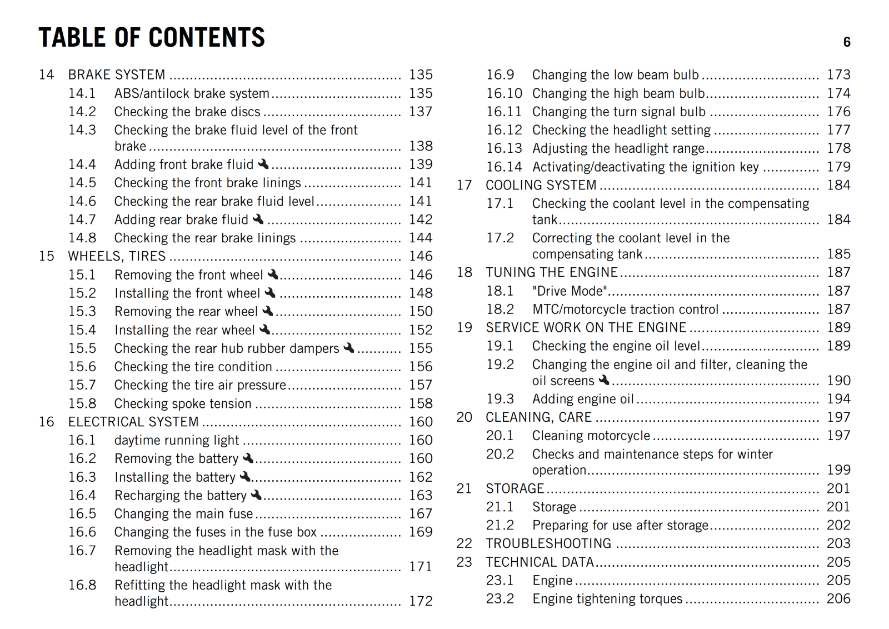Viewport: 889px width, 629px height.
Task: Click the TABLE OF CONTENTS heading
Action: pyautogui.click(x=152, y=38)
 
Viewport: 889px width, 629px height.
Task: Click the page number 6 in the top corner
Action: pyautogui.click(x=846, y=42)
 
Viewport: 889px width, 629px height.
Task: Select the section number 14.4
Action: pyautogui.click(x=82, y=164)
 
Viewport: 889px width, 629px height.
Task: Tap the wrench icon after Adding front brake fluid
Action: pyautogui.click(x=263, y=164)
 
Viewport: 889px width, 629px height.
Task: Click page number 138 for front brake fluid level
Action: pyautogui.click(x=421, y=146)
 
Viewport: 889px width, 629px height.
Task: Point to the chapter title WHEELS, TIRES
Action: pyautogui.click(x=117, y=256)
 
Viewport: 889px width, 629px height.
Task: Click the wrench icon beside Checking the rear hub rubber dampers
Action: pyautogui.click(x=349, y=348)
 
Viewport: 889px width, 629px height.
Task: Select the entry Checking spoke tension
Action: pyautogui.click(x=183, y=403)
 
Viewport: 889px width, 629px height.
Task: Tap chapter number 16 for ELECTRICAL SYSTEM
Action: pyautogui.click(x=47, y=422)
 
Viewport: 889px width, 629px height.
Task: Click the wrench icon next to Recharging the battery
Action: pyautogui.click(x=256, y=495)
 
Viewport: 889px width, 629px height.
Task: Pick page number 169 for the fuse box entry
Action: pyautogui.click(x=421, y=532)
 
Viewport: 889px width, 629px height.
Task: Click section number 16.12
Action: pyautogui.click(x=504, y=130)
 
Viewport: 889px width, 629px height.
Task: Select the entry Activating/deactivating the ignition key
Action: pyautogui.click(x=645, y=167)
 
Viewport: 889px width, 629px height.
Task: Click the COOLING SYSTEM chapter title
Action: pyautogui.click(x=541, y=185)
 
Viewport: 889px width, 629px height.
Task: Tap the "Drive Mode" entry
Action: pyautogui.click(x=570, y=291)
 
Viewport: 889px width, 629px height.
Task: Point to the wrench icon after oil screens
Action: pyautogui.click(x=604, y=380)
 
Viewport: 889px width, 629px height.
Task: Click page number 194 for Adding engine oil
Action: pyautogui.click(x=838, y=398)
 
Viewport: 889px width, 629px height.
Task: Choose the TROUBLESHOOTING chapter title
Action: pyautogui.click(x=548, y=543)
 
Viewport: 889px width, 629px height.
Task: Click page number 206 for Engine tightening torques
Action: pyautogui.click(x=838, y=598)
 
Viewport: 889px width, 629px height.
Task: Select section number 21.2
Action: pyautogui.click(x=500, y=525)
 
